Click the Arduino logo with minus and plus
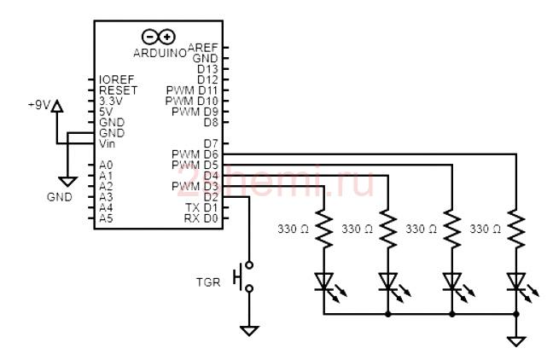[159, 37]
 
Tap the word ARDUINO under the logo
[160, 53]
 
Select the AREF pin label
[203, 47]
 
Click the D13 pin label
[207, 69]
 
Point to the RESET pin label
[118, 90]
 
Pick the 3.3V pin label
[111, 102]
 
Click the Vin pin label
[107, 144]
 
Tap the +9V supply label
[39, 105]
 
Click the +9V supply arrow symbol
[57, 107]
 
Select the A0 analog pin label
[106, 165]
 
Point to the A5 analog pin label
[106, 218]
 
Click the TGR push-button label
[208, 282]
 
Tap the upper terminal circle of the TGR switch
[249, 264]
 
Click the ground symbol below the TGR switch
[249, 331]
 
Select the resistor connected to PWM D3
[323, 229]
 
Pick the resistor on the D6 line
[516, 229]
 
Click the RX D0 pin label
[201, 218]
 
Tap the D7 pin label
[211, 144]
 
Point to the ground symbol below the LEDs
[516, 341]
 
